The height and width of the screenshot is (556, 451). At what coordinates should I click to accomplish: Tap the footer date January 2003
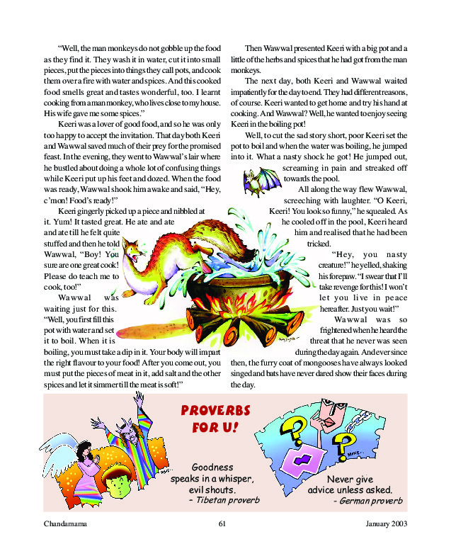click(x=387, y=524)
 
